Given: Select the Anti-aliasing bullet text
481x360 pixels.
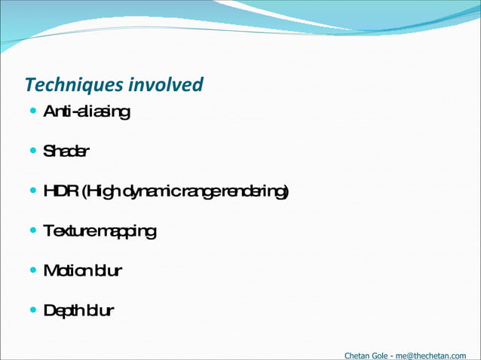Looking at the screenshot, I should (x=87, y=112).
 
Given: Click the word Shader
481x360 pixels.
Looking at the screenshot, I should (x=66, y=151).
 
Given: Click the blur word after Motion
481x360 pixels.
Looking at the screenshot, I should (x=107, y=270).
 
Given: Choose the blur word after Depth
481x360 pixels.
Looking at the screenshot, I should (x=100, y=310).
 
